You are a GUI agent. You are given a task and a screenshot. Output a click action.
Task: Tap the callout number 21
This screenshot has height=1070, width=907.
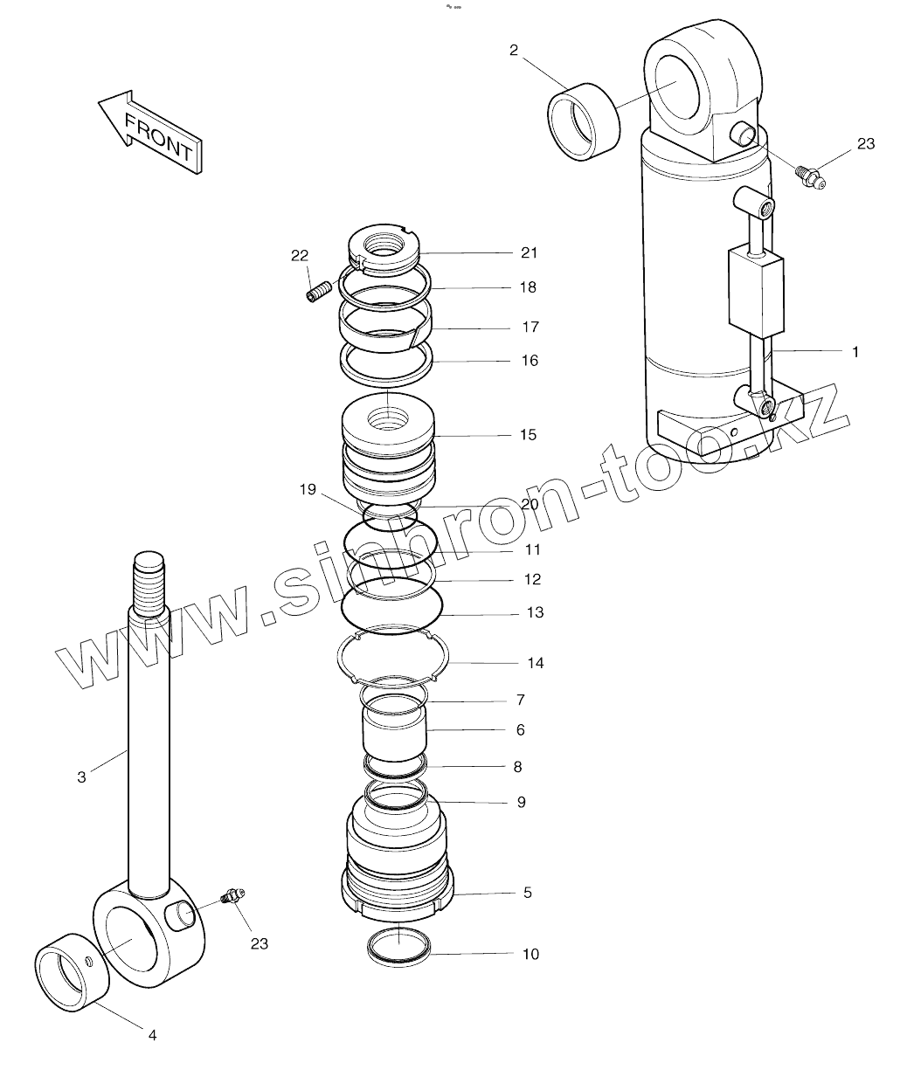coord(529,253)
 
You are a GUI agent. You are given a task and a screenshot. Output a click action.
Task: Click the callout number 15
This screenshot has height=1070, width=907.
coord(528,435)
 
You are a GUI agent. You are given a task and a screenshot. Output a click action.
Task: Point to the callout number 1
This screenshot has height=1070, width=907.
coord(855,352)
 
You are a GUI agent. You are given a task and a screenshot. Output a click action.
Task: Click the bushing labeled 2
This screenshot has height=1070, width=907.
coord(583,122)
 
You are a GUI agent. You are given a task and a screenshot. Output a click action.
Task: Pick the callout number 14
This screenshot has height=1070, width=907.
coord(535,663)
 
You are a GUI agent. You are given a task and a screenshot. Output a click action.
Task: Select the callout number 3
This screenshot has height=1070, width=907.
coord(81,776)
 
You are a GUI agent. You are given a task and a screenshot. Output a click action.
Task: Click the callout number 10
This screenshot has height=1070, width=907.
coord(530,954)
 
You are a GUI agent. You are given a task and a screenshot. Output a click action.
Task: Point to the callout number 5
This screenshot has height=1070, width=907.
coord(528,893)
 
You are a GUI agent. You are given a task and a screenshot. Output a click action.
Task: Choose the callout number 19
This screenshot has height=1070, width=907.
coord(308,490)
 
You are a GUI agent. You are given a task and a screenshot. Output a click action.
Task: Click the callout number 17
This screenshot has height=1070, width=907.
coord(530,328)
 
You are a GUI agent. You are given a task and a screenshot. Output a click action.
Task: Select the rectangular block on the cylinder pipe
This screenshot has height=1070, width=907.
coord(755,293)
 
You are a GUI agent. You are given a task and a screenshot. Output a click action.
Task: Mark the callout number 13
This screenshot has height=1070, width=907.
coord(535,613)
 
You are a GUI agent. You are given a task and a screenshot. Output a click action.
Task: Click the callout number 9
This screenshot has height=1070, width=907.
coord(522,802)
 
